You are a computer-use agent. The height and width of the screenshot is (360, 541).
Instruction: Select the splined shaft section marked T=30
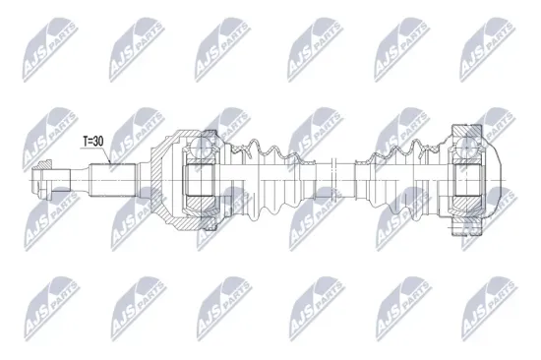(x=113, y=179)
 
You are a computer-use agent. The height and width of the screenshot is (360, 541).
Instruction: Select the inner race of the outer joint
(x=202, y=180)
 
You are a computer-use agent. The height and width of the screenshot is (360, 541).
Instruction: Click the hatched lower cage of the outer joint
(x=208, y=208)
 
